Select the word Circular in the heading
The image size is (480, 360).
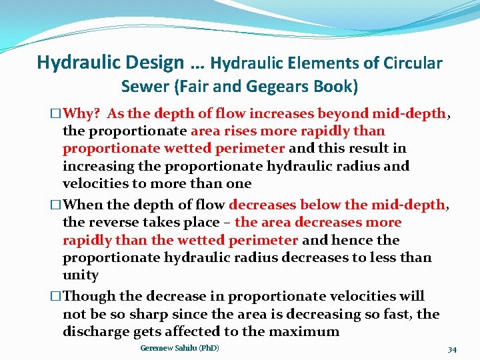413,64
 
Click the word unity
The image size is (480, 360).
81,275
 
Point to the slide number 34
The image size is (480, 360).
452,349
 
